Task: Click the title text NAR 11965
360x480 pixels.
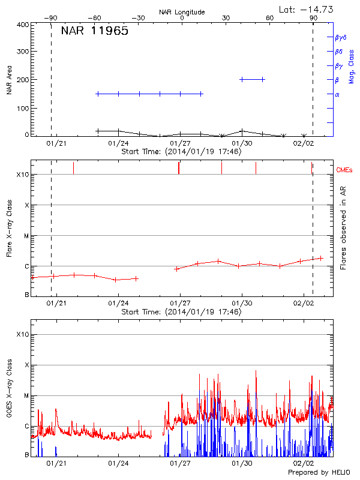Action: click(x=94, y=32)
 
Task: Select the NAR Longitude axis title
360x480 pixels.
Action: click(x=182, y=12)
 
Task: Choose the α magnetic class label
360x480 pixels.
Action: click(x=337, y=94)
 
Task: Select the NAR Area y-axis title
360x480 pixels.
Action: click(x=10, y=80)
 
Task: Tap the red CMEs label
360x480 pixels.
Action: click(x=346, y=170)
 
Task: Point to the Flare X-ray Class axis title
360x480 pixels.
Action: click(x=10, y=228)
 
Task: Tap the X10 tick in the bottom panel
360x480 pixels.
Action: click(x=22, y=334)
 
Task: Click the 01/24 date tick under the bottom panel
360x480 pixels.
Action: click(x=119, y=464)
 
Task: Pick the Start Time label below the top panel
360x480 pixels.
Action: click(x=181, y=152)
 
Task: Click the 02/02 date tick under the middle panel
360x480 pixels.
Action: click(x=304, y=304)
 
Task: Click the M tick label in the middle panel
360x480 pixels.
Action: click(x=26, y=236)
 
